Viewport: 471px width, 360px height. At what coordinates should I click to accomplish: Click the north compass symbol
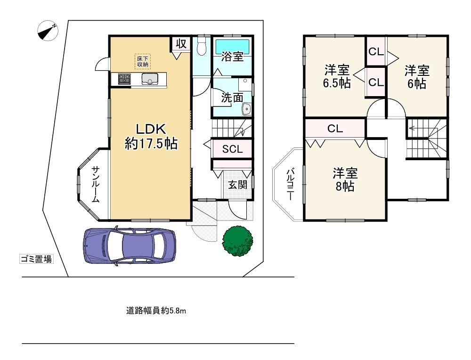tap(48, 31)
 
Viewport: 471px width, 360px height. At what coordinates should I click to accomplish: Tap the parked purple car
tap(129, 245)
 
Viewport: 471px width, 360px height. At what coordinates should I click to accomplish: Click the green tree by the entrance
tap(237, 241)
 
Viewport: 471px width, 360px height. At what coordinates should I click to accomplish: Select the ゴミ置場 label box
tap(36, 259)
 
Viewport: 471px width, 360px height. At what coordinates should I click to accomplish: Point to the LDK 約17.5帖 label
tap(151, 137)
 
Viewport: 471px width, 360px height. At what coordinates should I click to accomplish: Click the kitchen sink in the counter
tap(150, 79)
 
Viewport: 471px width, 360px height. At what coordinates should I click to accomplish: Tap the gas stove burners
tap(124, 79)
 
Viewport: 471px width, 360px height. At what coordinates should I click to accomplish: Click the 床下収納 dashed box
tap(142, 62)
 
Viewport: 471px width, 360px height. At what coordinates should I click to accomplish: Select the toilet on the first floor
tap(202, 46)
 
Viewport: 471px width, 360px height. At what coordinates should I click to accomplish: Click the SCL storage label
tap(233, 149)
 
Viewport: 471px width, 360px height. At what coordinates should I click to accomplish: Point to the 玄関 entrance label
tap(237, 184)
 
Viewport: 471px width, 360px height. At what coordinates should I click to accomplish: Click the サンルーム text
tap(96, 184)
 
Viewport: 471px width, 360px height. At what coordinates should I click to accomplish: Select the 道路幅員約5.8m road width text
tap(156, 311)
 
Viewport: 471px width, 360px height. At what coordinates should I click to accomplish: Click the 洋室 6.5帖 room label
tap(337, 76)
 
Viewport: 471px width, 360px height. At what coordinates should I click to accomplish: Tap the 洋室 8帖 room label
tap(345, 180)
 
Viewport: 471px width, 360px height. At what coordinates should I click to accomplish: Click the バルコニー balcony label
tap(290, 184)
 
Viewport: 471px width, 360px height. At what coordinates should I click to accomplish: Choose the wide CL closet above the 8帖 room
tap(335, 129)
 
